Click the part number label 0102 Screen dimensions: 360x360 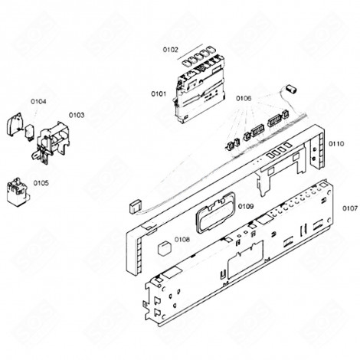tap(170, 50)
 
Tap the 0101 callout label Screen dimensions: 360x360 tap(159, 94)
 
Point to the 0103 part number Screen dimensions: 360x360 tap(77, 115)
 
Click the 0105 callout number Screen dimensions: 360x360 tap(41, 184)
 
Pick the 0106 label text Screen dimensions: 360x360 tap(244, 98)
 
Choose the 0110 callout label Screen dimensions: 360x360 tap(335, 145)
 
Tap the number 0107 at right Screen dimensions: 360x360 tap(349, 208)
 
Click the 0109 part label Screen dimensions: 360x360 tap(224, 207)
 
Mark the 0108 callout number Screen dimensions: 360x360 tap(182, 240)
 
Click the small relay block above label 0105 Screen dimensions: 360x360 tap(16, 188)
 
